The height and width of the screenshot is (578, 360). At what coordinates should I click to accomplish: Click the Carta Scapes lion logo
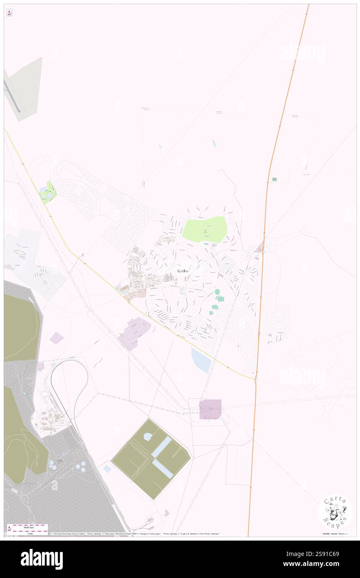coord(335,511)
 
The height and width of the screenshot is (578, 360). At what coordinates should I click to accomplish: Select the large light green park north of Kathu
coord(205,229)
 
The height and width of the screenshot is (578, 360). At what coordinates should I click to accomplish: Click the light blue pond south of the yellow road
coord(201,361)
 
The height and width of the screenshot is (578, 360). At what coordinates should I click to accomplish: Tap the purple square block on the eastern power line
coord(210,409)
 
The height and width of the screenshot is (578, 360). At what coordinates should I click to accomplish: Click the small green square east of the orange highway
coord(274,179)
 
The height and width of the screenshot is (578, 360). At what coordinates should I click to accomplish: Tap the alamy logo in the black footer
coord(42,559)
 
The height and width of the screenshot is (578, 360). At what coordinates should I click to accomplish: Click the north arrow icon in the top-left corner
coord(9,13)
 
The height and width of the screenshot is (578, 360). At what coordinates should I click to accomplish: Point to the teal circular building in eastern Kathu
coord(217,292)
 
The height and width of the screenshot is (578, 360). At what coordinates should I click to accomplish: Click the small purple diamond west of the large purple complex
coord(57,338)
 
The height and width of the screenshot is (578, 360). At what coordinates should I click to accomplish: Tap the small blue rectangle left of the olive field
coord(107,469)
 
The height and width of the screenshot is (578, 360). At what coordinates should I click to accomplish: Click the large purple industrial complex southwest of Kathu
coord(135,332)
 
